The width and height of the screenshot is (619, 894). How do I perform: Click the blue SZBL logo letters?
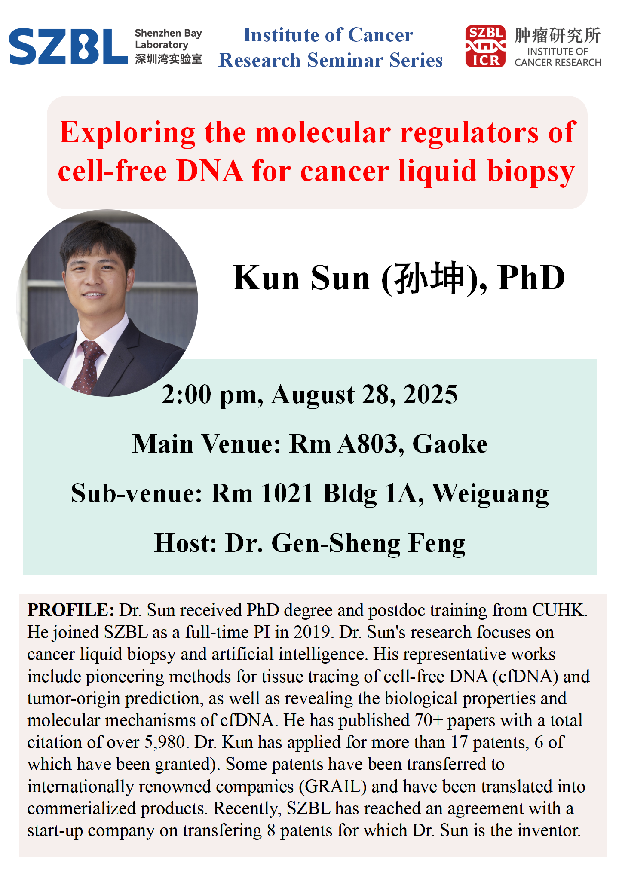(68, 46)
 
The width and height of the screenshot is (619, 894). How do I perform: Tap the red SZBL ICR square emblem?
(485, 46)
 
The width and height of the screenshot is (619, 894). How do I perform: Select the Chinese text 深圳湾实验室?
(168, 59)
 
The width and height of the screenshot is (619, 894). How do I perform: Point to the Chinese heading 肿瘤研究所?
(558, 35)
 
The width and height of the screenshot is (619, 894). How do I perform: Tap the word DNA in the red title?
(210, 171)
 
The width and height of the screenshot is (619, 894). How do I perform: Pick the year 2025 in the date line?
(430, 394)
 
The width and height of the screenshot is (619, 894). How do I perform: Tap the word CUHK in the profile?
(560, 610)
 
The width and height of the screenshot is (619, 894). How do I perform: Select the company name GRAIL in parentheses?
(333, 787)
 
